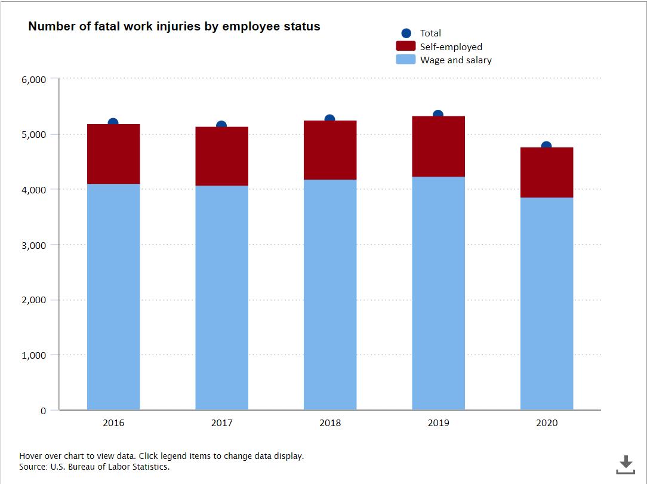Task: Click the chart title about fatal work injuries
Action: (x=174, y=27)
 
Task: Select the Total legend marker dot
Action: (x=406, y=33)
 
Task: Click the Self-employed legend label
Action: (x=451, y=47)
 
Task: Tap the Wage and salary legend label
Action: (x=455, y=60)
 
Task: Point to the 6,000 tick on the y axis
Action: (x=33, y=79)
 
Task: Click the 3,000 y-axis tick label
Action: (x=33, y=245)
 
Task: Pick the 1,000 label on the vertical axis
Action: (x=33, y=355)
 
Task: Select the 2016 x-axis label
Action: (x=113, y=423)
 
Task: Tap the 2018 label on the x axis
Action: (x=330, y=423)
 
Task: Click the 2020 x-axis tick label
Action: (x=547, y=423)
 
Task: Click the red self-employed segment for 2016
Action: (x=113, y=154)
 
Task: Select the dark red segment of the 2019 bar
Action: (x=438, y=146)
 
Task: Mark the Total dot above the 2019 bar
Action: (x=438, y=115)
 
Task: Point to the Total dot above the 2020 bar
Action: (x=546, y=146)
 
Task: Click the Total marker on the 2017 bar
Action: (x=221, y=125)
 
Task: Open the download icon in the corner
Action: (x=626, y=464)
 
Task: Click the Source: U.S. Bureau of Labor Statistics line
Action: (x=94, y=467)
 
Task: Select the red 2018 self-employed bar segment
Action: (x=330, y=150)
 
